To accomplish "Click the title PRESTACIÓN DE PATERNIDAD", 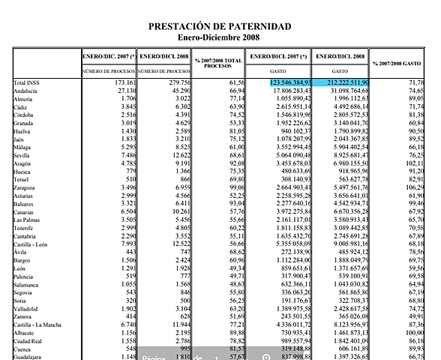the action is coord(220,26).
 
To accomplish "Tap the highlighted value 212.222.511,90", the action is coord(341,82).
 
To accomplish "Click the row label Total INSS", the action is coord(29,82).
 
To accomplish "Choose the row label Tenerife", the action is coord(27,228).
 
